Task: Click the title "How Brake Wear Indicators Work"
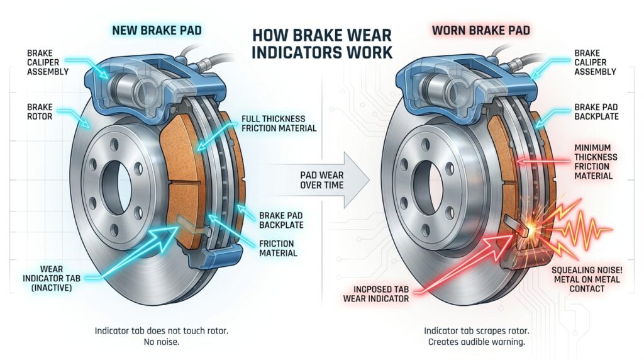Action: [321, 42]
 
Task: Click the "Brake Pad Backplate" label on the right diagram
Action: [596, 111]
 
